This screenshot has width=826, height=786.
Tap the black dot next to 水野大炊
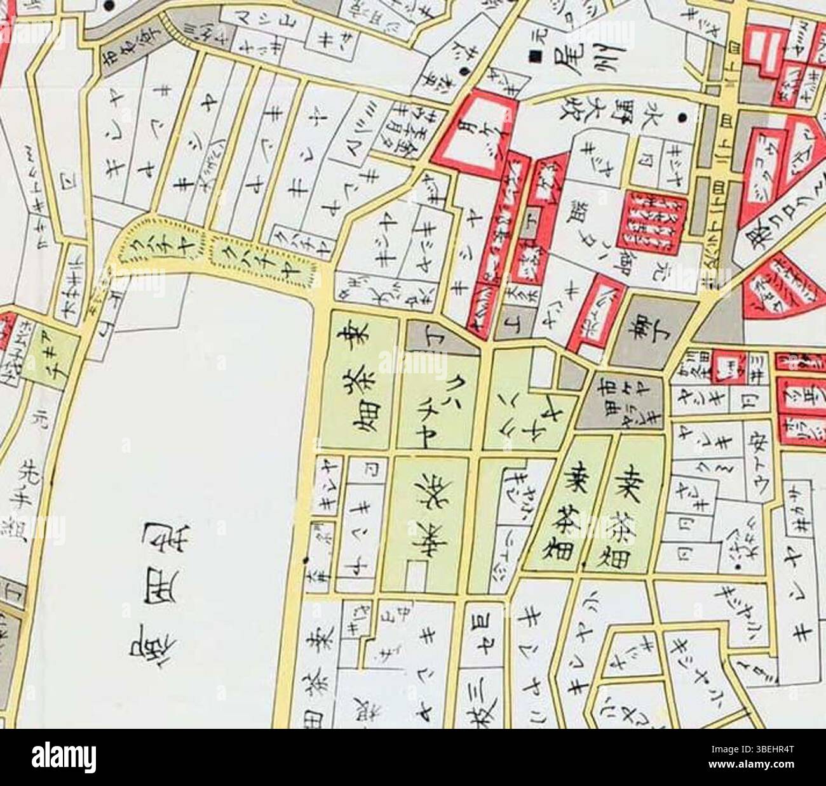pyautogui.click(x=682, y=117)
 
